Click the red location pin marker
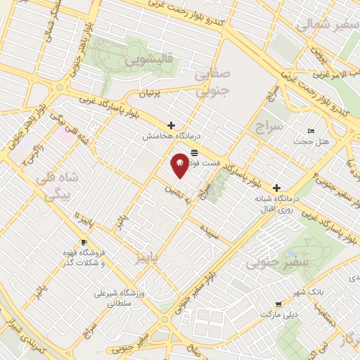pyautogui.click(x=180, y=165)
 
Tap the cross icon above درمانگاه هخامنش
pyautogui.click(x=171, y=124)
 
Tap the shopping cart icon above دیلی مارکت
pyautogui.click(x=280, y=305)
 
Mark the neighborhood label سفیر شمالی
pyautogui.click(x=323, y=26)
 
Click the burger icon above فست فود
pyautogui.click(x=194, y=152)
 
